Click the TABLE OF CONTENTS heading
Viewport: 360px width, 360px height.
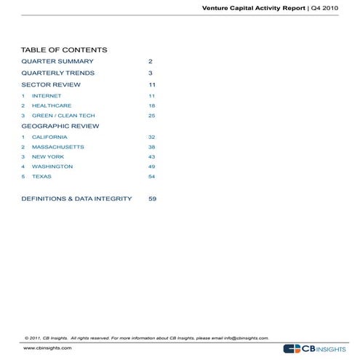pos(64,50)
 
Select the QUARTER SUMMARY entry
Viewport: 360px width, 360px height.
pos(57,62)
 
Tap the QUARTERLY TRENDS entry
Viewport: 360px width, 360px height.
pos(58,73)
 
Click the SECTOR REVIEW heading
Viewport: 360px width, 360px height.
pos(51,84)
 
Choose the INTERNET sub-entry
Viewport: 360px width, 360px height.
pos(47,96)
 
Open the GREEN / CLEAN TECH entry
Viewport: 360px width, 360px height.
pos(63,116)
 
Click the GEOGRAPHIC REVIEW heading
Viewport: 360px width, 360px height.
pos(60,126)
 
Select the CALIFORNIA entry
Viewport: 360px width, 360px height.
pos(49,137)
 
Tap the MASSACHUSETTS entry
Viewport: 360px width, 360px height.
pos(57,147)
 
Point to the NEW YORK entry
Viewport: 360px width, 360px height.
pos(48,156)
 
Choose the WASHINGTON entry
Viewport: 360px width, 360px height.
pos(52,167)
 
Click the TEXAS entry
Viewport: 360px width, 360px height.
pos(41,176)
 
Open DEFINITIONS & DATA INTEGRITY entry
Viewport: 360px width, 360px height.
pos(76,199)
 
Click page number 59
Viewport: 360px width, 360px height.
pos(152,199)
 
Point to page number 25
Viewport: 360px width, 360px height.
pos(152,116)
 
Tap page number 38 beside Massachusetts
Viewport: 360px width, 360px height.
pos(152,147)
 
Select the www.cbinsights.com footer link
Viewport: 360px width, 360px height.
pos(48,349)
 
